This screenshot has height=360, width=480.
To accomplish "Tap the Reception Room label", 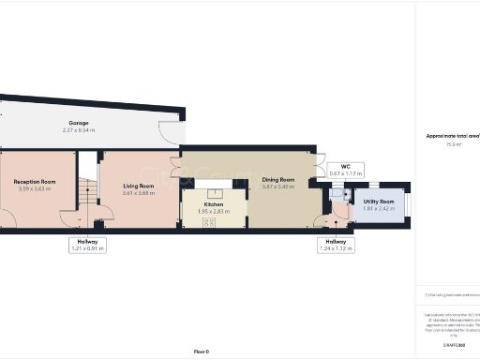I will coord(35,182).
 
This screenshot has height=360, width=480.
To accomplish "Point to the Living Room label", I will coord(138,186).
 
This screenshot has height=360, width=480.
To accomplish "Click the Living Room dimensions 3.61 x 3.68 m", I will coord(138,193).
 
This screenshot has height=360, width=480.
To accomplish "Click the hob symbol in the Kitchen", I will coord(208,221).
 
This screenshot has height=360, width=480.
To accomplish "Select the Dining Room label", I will coord(278,179).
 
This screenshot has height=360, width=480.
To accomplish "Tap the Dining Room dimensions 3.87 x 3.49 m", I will coord(278,187).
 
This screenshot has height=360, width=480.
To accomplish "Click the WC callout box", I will coord(345,170).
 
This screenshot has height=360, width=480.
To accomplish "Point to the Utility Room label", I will coord(380,202).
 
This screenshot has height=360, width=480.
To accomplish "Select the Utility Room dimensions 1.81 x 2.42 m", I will coord(380,209).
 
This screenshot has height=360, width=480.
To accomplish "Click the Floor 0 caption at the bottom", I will coord(201,351).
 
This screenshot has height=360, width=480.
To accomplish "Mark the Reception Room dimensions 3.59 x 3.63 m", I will coord(35,189).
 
